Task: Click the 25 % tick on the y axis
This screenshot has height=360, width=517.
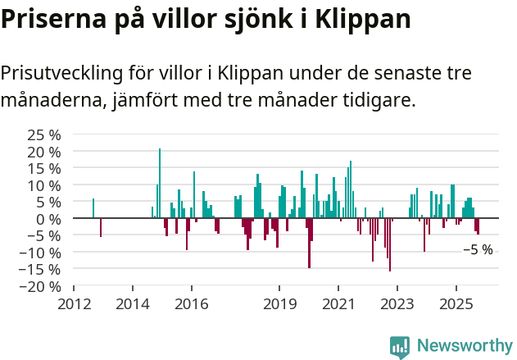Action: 44,134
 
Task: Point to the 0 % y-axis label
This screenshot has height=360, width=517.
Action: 49,219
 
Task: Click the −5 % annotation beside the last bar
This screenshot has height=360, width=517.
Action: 478,250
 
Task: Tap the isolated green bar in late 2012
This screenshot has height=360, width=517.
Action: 93,208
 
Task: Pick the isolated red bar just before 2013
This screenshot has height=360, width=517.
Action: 101,228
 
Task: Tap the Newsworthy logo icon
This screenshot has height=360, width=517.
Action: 400,346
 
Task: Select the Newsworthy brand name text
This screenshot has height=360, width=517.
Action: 465,346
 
